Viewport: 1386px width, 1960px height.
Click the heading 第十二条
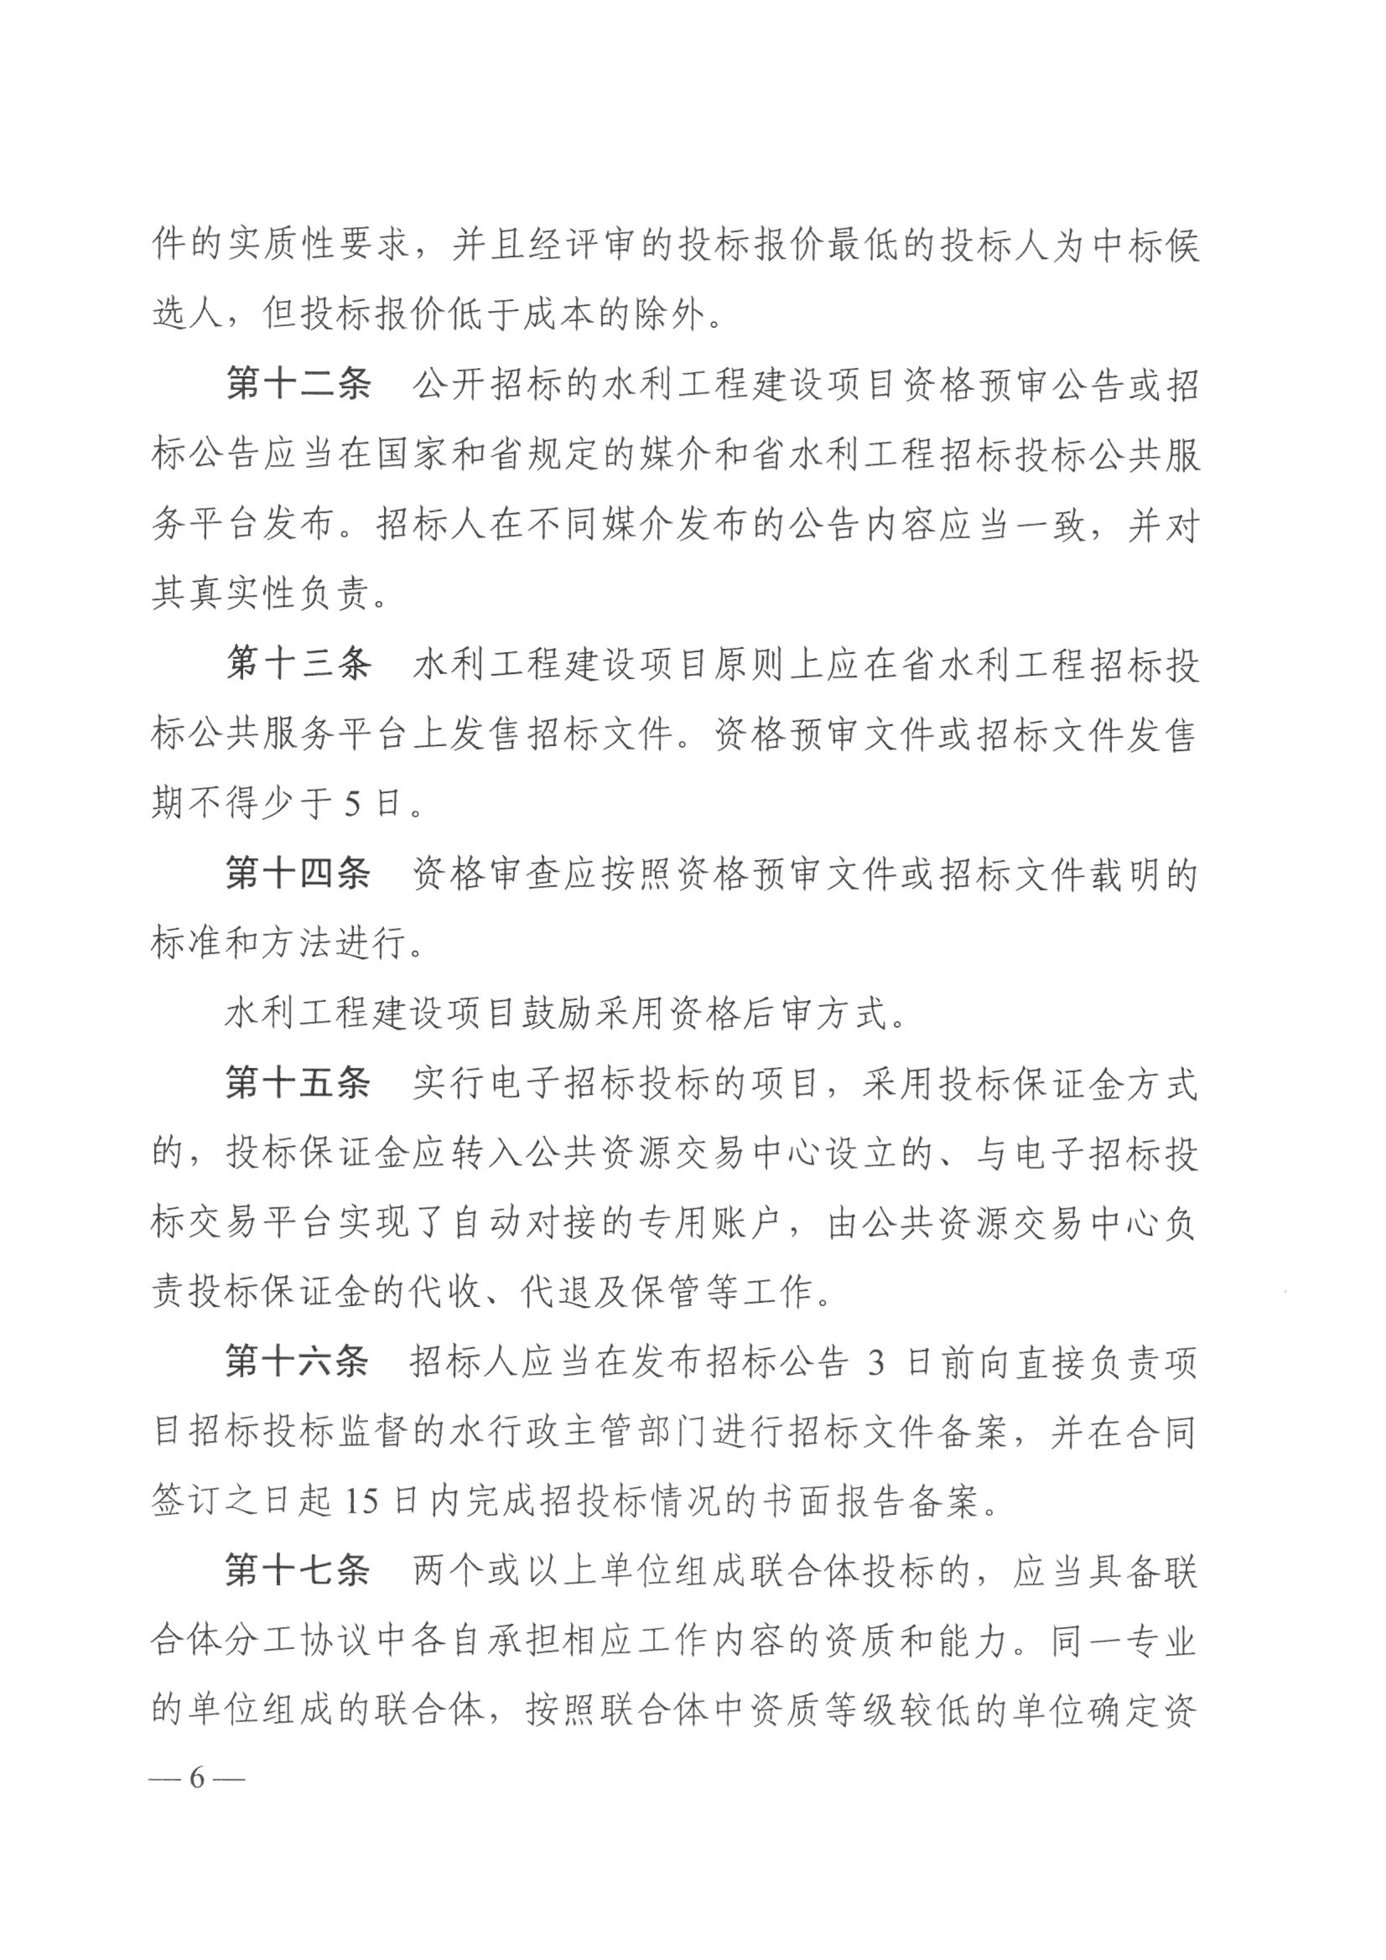click(298, 386)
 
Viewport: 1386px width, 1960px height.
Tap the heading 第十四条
click(298, 874)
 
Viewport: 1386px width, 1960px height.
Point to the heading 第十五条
click(298, 1084)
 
